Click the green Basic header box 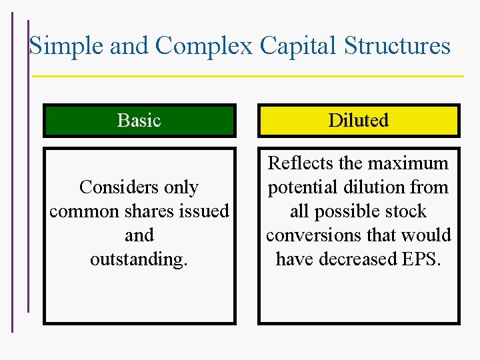tap(139, 121)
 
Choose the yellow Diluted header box tap(358, 121)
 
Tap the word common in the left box tap(79, 211)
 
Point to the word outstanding tap(139, 259)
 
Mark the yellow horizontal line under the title tap(247, 76)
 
